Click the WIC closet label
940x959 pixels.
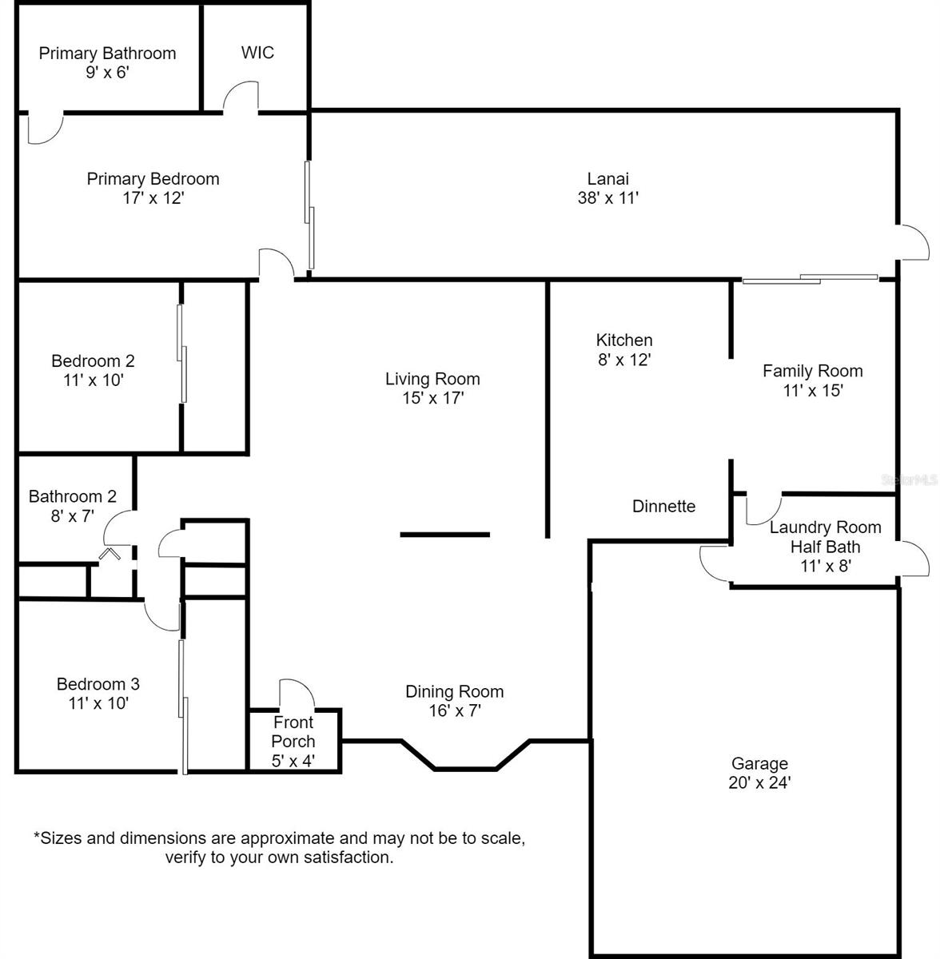[257, 52]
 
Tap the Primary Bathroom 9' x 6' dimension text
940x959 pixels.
[108, 73]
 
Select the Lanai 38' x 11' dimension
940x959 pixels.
[608, 198]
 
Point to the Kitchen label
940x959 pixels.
[623, 340]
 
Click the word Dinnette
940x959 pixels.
[663, 506]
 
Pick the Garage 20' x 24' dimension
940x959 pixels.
[759, 782]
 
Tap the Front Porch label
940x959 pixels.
[293, 731]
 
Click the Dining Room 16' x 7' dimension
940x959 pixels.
[455, 710]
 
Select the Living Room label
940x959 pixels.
[432, 379]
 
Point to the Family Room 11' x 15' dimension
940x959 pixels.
[813, 391]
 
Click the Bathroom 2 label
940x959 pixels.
[72, 496]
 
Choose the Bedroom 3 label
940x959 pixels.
[98, 684]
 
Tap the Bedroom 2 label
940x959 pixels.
[93, 360]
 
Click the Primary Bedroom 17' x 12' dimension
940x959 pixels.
[153, 198]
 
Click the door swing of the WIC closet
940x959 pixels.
[240, 94]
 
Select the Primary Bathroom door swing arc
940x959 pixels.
[46, 129]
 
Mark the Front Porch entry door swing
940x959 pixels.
[297, 693]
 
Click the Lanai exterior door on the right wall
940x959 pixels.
[913, 242]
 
